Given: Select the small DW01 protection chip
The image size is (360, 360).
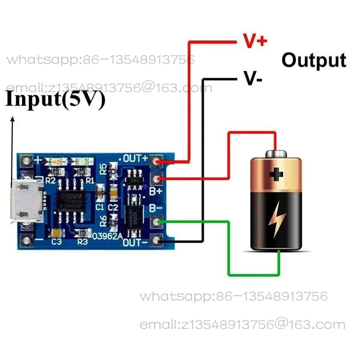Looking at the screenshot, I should coord(134,180).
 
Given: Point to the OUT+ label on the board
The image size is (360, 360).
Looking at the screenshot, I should coord(135,158).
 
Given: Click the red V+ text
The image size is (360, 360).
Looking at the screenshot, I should coord(254,41).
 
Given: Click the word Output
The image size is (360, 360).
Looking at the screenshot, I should coord(313,60).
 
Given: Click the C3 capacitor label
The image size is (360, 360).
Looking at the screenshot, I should coord(57,242).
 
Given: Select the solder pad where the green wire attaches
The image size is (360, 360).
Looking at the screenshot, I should coord(156,221).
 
